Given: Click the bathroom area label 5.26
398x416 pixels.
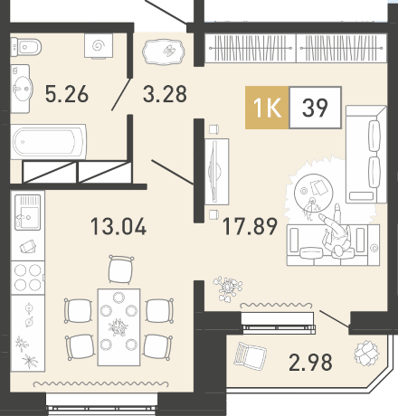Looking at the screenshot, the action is click(x=67, y=94).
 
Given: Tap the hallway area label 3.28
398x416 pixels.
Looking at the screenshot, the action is click(x=165, y=94).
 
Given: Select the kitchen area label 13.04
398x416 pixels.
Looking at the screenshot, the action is click(x=118, y=226).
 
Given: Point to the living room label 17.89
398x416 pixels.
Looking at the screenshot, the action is click(x=250, y=226).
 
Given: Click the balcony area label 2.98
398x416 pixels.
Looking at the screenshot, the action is click(x=310, y=362).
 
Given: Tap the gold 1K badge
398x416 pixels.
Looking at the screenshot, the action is click(x=267, y=108).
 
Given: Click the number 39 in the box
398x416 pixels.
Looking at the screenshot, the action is click(x=315, y=108).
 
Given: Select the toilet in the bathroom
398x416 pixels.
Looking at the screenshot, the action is click(x=25, y=47).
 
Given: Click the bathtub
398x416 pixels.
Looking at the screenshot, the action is click(x=49, y=141).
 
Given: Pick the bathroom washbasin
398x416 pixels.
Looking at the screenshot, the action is click(x=22, y=89).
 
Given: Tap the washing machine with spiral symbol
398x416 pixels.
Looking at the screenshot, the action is click(x=99, y=45).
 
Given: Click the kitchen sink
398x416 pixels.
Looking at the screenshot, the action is click(x=28, y=213).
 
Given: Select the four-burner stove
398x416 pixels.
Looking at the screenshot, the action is click(x=28, y=278).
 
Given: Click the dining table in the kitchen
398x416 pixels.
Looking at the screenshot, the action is click(x=118, y=327).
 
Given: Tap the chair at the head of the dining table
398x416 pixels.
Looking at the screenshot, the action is click(x=121, y=269).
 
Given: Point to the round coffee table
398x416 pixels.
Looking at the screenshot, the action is click(x=313, y=193).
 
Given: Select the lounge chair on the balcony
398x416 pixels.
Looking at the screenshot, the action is click(x=250, y=356).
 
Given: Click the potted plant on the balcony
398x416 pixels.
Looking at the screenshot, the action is click(x=366, y=353).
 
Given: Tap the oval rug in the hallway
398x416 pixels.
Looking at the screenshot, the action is click(x=163, y=52).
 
